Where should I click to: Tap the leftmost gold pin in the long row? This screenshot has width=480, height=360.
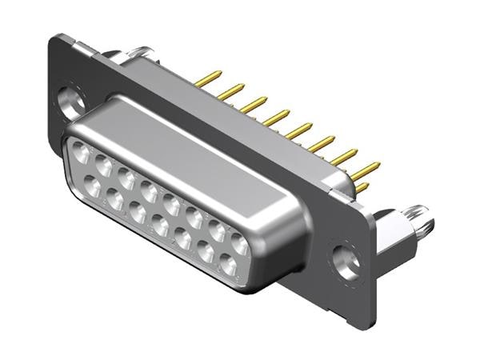(x=210, y=78)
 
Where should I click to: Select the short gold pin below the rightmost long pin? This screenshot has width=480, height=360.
(x=361, y=189)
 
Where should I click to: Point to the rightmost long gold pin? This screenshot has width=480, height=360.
(x=366, y=170)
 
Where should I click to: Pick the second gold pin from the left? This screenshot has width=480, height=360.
(x=232, y=91)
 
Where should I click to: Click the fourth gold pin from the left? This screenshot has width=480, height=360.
(x=277, y=118)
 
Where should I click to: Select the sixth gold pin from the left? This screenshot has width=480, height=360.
(x=322, y=144)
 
